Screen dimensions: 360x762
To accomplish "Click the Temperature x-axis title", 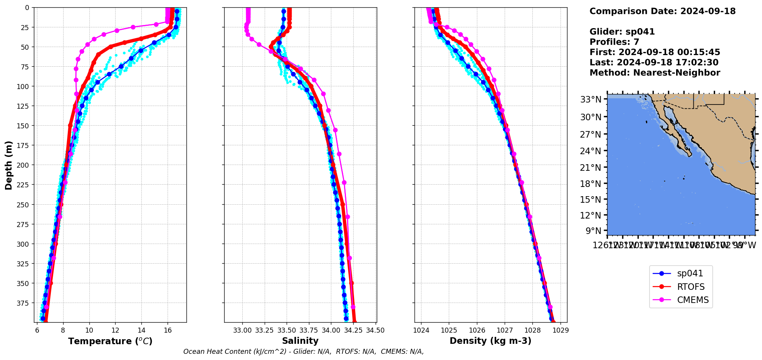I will click(110, 341).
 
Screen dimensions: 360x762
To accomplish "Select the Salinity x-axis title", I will click(300, 341).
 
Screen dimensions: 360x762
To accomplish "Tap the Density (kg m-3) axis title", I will click(490, 341).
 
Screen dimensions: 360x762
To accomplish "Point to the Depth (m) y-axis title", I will click(8, 165).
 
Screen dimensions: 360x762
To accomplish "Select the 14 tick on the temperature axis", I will click(141, 330).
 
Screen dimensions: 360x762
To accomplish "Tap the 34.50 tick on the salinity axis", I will click(375, 330).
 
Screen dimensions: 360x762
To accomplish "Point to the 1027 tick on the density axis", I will click(505, 330).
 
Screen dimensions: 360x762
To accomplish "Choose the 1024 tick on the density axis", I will click(421, 330).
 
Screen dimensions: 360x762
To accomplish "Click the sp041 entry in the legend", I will click(690, 274).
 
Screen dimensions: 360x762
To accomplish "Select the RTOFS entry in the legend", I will click(690, 287).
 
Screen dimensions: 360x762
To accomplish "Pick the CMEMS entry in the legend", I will click(692, 300).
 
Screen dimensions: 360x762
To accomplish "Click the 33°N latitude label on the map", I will click(591, 100).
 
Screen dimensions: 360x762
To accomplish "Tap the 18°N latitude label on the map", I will click(591, 183).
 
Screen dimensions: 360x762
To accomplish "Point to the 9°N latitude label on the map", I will click(593, 231).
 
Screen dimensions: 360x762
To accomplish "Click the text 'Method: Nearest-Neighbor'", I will click(655, 73).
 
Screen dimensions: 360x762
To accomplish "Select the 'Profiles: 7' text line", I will click(614, 42).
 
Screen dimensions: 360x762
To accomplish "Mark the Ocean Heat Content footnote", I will click(304, 352).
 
